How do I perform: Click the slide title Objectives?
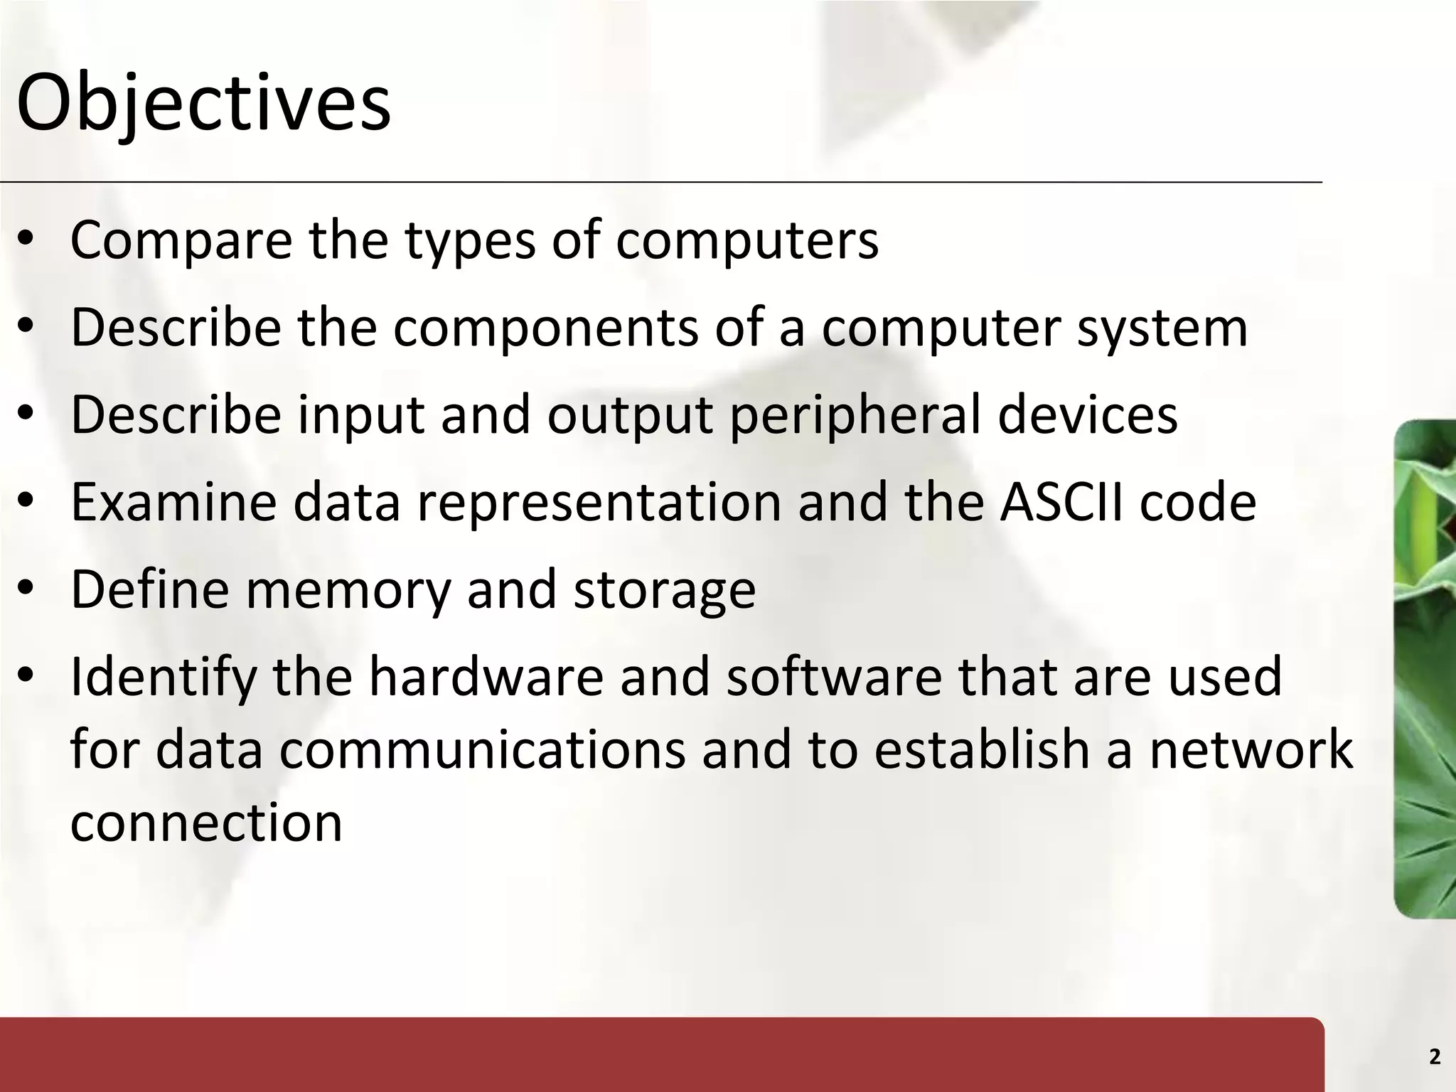(203, 104)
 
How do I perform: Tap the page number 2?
(1435, 1057)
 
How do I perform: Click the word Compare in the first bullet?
(181, 240)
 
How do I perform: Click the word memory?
(348, 590)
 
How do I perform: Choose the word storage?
(664, 590)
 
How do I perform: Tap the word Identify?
(163, 678)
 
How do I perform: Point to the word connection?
(206, 823)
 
